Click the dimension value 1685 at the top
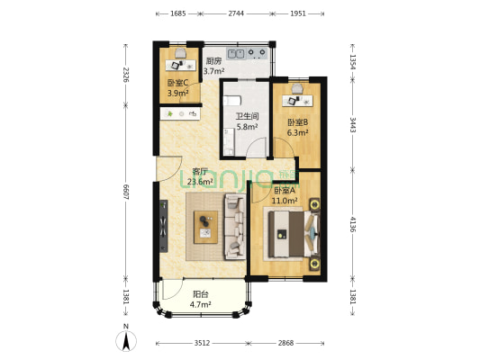[178, 13]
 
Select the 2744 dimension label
[236, 13]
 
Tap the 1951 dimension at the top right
[298, 13]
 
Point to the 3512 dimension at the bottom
[202, 343]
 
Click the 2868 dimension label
[285, 343]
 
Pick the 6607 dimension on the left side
[125, 192]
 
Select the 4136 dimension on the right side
[353, 224]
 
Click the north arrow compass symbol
[126, 340]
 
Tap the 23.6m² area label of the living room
[200, 182]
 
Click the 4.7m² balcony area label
[200, 304]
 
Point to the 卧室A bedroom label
[284, 191]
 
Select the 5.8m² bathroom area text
[247, 126]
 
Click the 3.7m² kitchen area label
[214, 71]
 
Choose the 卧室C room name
[177, 83]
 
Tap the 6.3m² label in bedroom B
[297, 132]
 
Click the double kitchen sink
[235, 54]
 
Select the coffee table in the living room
[205, 228]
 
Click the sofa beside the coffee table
[235, 226]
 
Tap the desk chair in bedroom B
[297, 89]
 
